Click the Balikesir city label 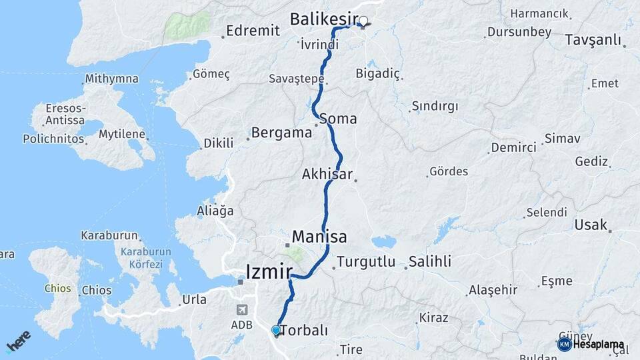324,20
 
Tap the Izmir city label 269,272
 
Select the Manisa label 319,237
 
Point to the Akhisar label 327,175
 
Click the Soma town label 338,119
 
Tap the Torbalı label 304,330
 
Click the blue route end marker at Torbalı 276,329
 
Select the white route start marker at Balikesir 364,21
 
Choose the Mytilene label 121,134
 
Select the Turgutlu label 366,262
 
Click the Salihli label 430,261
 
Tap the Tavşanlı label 593,40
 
